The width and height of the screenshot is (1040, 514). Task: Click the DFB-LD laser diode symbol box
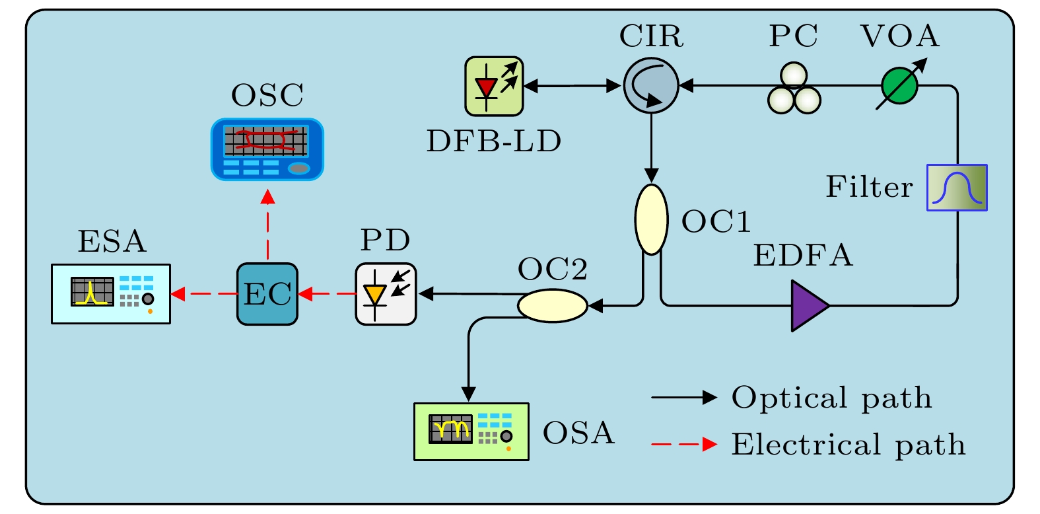(x=494, y=87)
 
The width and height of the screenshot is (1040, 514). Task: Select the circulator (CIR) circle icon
(x=651, y=85)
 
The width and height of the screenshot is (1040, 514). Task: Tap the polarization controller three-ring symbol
(x=794, y=89)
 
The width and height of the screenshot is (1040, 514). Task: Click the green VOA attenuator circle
(x=899, y=86)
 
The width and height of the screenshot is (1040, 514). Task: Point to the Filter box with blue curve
(x=957, y=188)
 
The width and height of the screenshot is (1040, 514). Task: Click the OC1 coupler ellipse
(x=651, y=219)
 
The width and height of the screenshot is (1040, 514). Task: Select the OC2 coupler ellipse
(x=552, y=306)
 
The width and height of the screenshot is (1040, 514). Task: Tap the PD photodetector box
(x=386, y=294)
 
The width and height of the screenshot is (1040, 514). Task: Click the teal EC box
(x=267, y=294)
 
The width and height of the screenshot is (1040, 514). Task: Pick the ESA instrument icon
(x=111, y=294)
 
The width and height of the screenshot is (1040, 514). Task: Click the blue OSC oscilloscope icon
(x=267, y=149)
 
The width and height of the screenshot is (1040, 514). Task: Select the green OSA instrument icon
(x=471, y=431)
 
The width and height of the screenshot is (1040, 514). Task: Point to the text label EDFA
(x=803, y=256)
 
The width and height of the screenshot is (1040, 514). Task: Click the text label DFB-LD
(x=494, y=141)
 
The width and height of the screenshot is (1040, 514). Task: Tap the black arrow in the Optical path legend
(x=683, y=398)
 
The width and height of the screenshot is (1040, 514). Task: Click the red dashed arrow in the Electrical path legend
(x=683, y=445)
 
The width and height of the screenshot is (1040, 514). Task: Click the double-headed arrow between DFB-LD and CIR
(x=572, y=86)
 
